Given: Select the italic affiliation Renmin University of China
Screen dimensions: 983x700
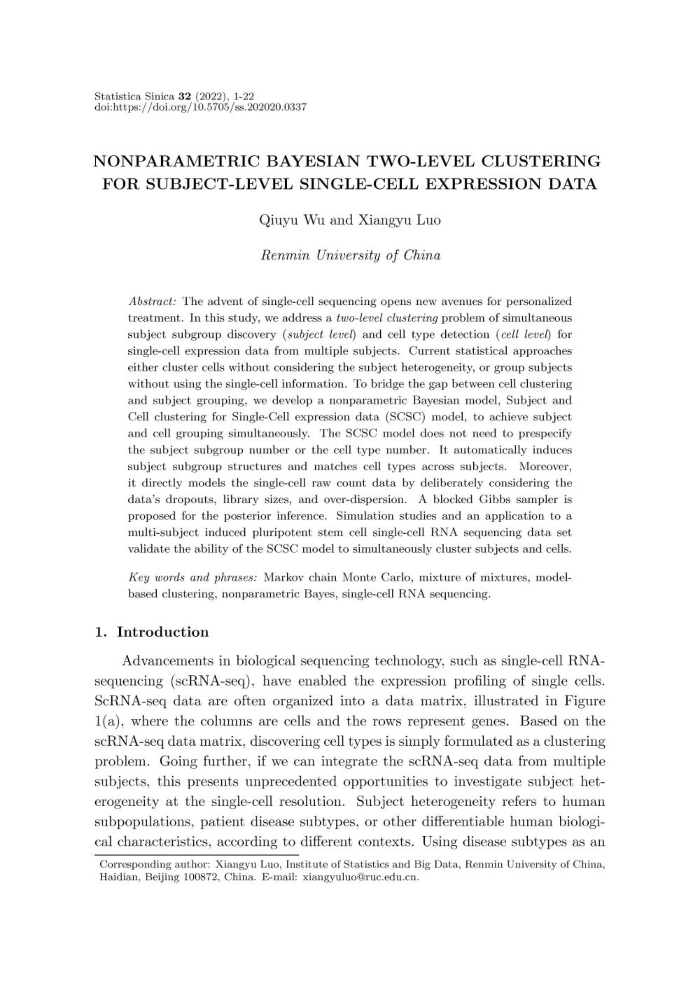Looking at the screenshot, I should coord(350,255).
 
